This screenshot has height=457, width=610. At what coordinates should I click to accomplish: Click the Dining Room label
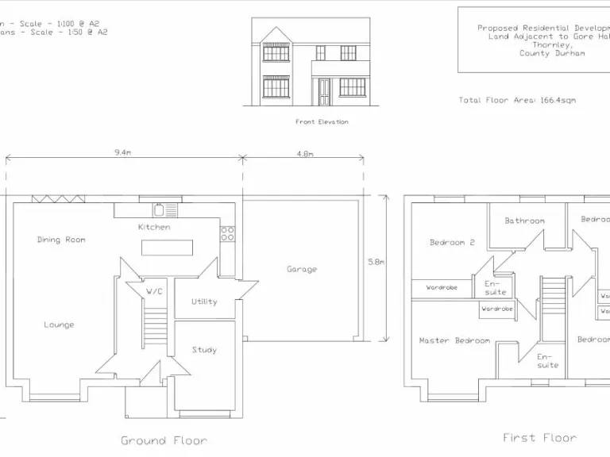tap(61, 240)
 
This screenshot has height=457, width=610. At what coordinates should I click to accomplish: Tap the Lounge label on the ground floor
tap(59, 325)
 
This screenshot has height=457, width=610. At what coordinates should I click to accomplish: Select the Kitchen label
tap(154, 227)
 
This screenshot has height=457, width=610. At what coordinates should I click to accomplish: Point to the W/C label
tap(154, 291)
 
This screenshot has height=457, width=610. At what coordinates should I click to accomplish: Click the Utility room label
tap(204, 301)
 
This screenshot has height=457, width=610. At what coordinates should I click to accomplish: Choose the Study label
tap(204, 350)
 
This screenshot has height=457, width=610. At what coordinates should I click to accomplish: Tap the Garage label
tap(302, 269)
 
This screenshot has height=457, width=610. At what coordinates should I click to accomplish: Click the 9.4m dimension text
tap(122, 152)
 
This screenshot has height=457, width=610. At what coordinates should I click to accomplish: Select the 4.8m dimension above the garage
tap(305, 153)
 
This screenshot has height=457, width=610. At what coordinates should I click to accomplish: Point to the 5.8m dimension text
tap(376, 260)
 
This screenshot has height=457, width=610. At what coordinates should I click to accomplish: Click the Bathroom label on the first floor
tap(524, 221)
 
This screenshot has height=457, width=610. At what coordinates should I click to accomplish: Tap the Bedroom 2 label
tap(452, 242)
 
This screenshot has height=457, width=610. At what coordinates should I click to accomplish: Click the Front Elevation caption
tap(322, 122)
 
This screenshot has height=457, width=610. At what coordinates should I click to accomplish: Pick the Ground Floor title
tap(164, 440)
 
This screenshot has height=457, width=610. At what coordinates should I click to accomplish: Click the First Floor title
tap(540, 437)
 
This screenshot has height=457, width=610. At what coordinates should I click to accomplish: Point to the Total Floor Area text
tap(517, 101)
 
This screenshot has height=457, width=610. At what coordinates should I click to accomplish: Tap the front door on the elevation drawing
tap(324, 92)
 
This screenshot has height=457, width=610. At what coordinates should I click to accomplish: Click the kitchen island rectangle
tap(167, 248)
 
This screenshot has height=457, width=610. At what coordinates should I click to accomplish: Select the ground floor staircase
tap(155, 326)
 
